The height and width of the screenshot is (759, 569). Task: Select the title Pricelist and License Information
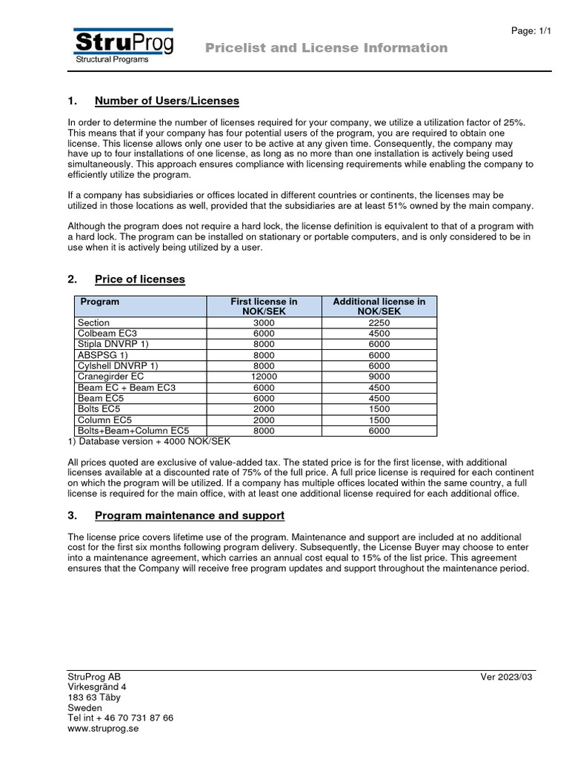[x=326, y=48]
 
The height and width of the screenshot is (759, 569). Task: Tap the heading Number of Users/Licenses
[x=167, y=101]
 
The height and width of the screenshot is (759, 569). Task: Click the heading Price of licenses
[x=139, y=279]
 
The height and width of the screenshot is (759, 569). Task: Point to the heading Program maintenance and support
[x=189, y=515]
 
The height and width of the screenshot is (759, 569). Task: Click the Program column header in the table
[x=99, y=302]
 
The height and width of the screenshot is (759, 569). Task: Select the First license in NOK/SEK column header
[x=264, y=307]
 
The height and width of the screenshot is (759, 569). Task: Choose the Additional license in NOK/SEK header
[x=379, y=307]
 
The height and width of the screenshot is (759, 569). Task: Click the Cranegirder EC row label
[x=110, y=377]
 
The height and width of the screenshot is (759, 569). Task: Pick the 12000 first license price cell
[x=264, y=377]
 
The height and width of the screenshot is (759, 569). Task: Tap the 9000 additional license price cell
[x=379, y=377]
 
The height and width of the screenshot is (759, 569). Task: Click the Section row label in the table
[x=93, y=323]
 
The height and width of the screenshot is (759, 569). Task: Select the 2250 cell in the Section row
[x=379, y=323]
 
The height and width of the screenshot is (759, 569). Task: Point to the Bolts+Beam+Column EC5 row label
[x=133, y=431]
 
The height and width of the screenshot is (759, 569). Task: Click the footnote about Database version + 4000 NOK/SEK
[x=149, y=442]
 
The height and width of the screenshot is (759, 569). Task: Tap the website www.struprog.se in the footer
[x=103, y=729]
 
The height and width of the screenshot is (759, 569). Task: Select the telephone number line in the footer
[x=120, y=718]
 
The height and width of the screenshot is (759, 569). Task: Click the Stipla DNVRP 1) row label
[x=113, y=345]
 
